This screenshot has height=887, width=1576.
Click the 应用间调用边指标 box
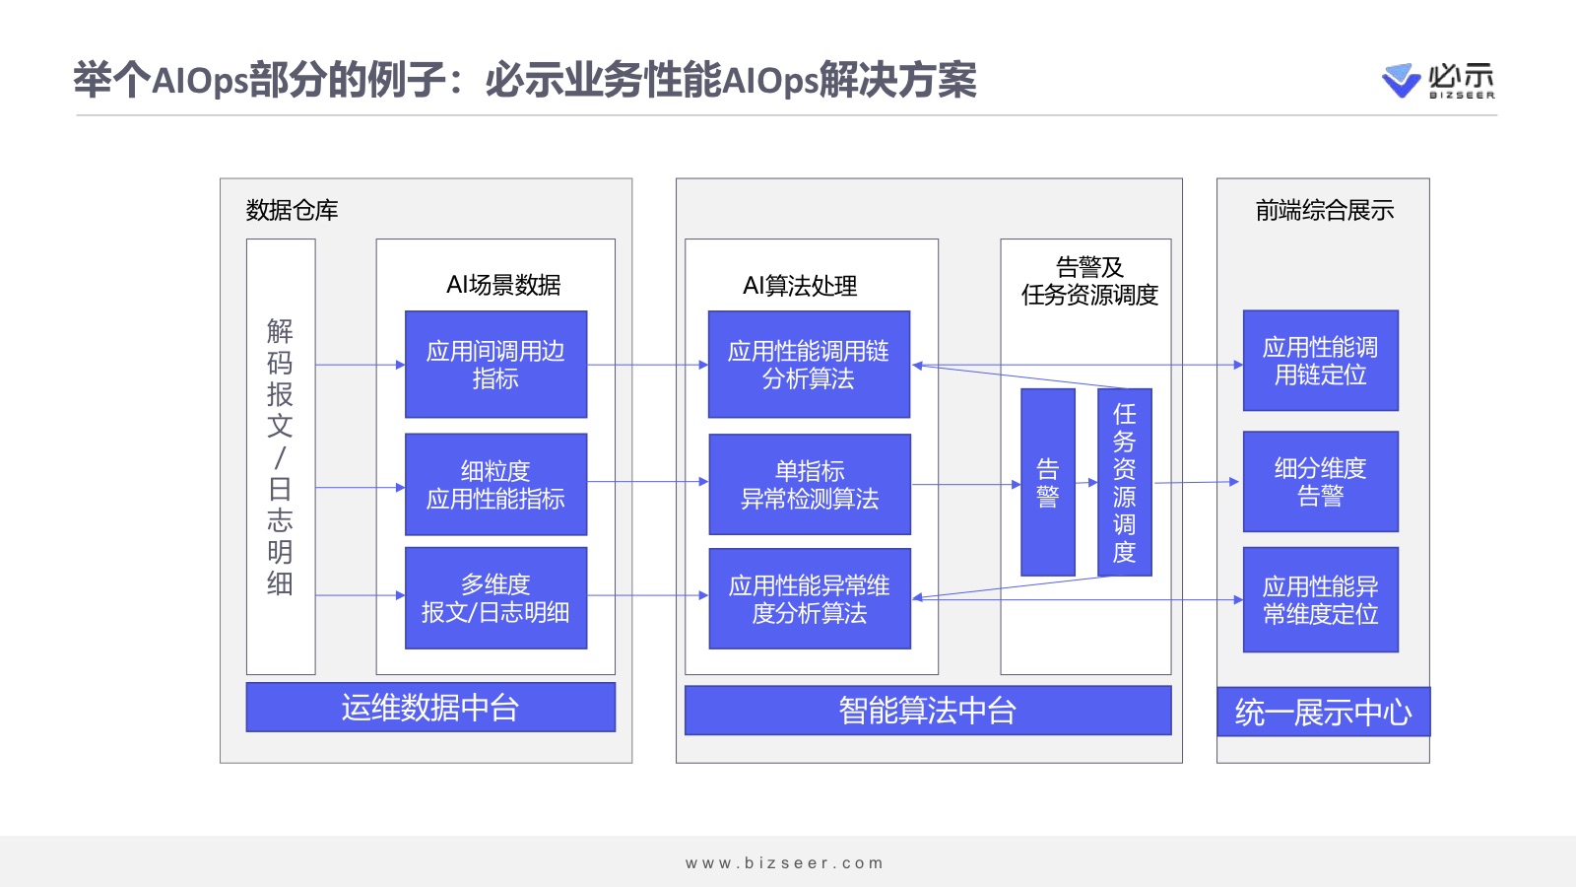pos(495,365)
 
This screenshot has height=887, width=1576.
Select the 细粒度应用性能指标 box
pos(495,485)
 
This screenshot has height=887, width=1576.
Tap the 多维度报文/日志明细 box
pos(495,598)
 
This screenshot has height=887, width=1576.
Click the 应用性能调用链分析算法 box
pos(809,365)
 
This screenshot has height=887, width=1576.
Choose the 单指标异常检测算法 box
pos(809,485)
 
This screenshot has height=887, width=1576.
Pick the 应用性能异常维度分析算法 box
pos(809,599)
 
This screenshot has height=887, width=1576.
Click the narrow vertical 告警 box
pos(1047,482)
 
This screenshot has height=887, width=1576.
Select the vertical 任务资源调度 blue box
pos(1124,482)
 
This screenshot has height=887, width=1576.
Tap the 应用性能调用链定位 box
pos(1320,361)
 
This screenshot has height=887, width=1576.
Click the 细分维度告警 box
pos(1320,482)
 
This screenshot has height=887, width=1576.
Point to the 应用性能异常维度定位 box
pos(1320,600)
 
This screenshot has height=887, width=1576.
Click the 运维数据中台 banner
pos(430,708)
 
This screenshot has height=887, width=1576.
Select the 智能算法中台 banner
pos(927,711)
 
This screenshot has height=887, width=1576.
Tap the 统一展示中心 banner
pos(1323,712)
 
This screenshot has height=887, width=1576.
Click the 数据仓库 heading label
pos(292,210)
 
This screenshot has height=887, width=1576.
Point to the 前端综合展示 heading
pos(1324,210)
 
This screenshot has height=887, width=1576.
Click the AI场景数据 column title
pos(503,285)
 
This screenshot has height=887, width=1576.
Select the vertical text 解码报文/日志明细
pos(280,456)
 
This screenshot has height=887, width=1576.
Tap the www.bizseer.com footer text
pos(785,863)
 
